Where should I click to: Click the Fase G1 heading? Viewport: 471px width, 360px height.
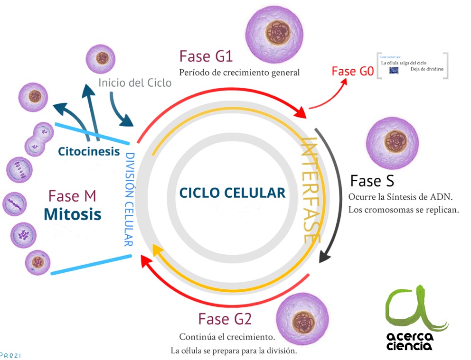[x=206, y=56]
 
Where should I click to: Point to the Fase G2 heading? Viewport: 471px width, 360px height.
[x=225, y=319]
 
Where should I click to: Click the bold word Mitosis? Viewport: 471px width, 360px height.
[x=72, y=214]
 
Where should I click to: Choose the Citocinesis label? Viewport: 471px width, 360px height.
[x=89, y=152]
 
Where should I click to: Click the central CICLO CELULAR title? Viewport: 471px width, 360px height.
[x=232, y=193]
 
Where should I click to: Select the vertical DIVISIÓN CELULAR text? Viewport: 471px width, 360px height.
[x=129, y=199]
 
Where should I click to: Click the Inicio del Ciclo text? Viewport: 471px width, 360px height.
[x=135, y=83]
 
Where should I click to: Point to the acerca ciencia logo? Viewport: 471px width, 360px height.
[x=416, y=318]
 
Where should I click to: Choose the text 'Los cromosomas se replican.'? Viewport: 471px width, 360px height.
[x=404, y=210]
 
